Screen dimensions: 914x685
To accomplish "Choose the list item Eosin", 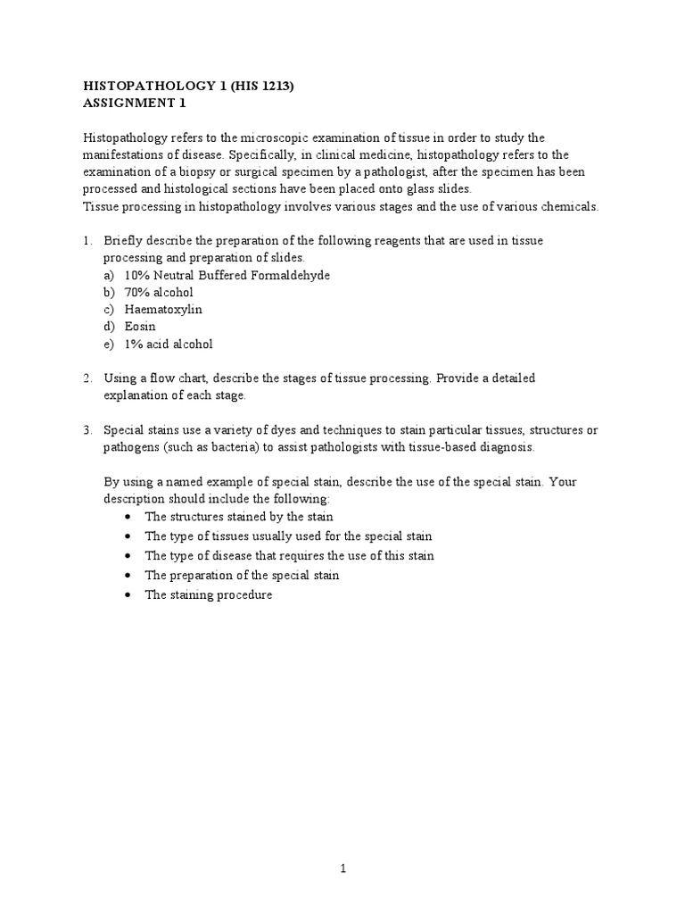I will coord(140,326).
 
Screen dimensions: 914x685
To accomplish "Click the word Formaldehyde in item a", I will coord(289,275).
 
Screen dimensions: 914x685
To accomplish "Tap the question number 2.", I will coord(87,378).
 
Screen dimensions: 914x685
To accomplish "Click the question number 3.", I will coord(87,429).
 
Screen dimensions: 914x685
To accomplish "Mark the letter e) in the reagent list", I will coord(110,344).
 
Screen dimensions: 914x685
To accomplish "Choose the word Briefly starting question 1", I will coord(122,241).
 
